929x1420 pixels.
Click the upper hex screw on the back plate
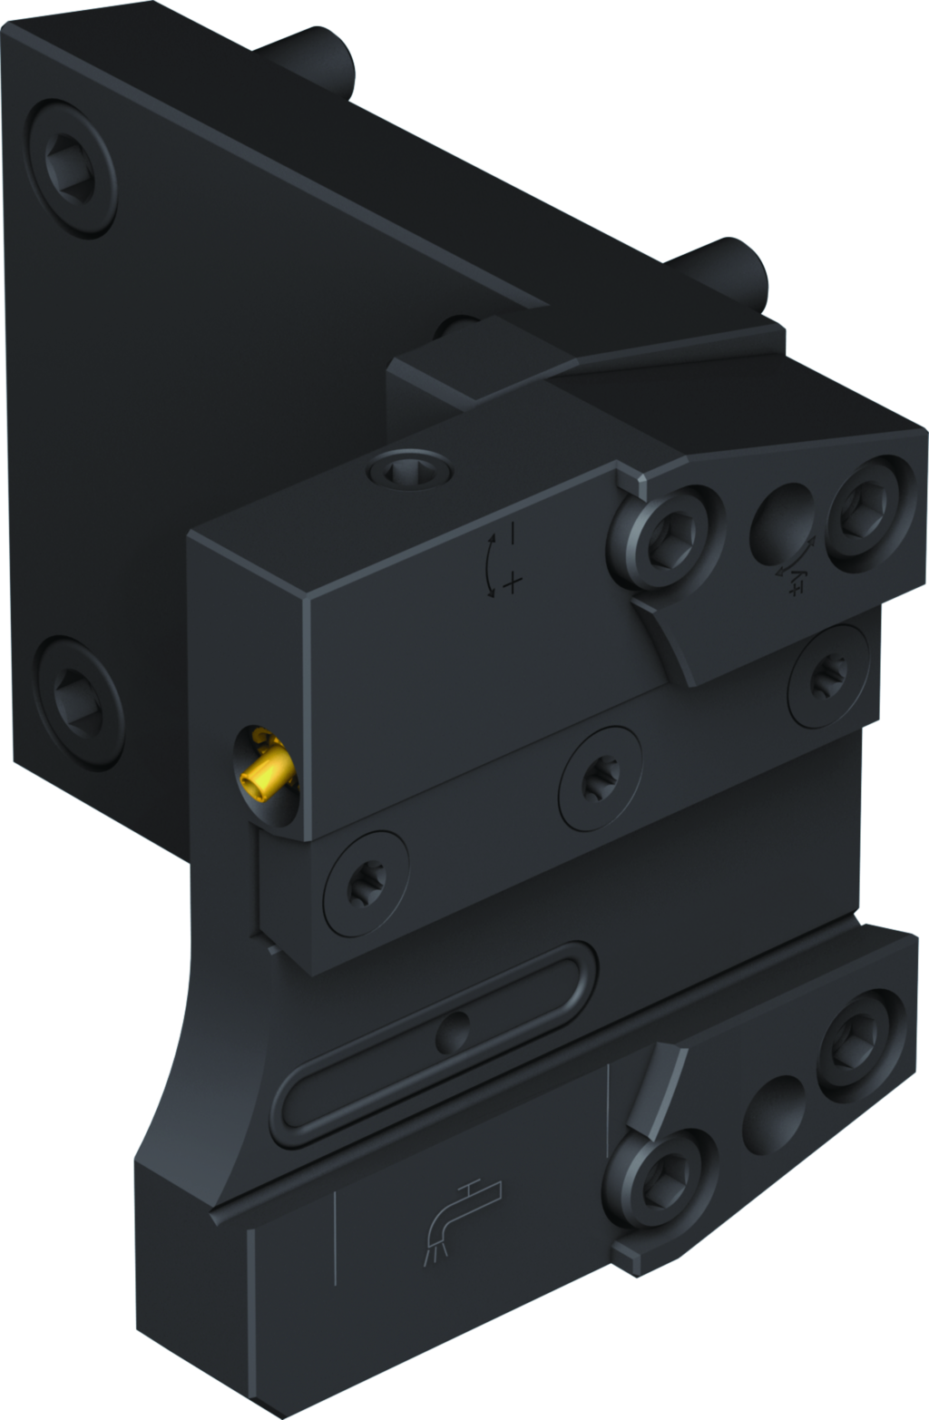tap(70, 170)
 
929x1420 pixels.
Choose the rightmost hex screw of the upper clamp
tap(870, 513)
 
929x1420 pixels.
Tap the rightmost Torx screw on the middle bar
tap(828, 674)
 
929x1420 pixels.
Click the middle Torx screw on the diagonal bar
tap(599, 779)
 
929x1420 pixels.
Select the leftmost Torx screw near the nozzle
tap(367, 882)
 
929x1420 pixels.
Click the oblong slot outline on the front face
tap(435, 1043)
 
